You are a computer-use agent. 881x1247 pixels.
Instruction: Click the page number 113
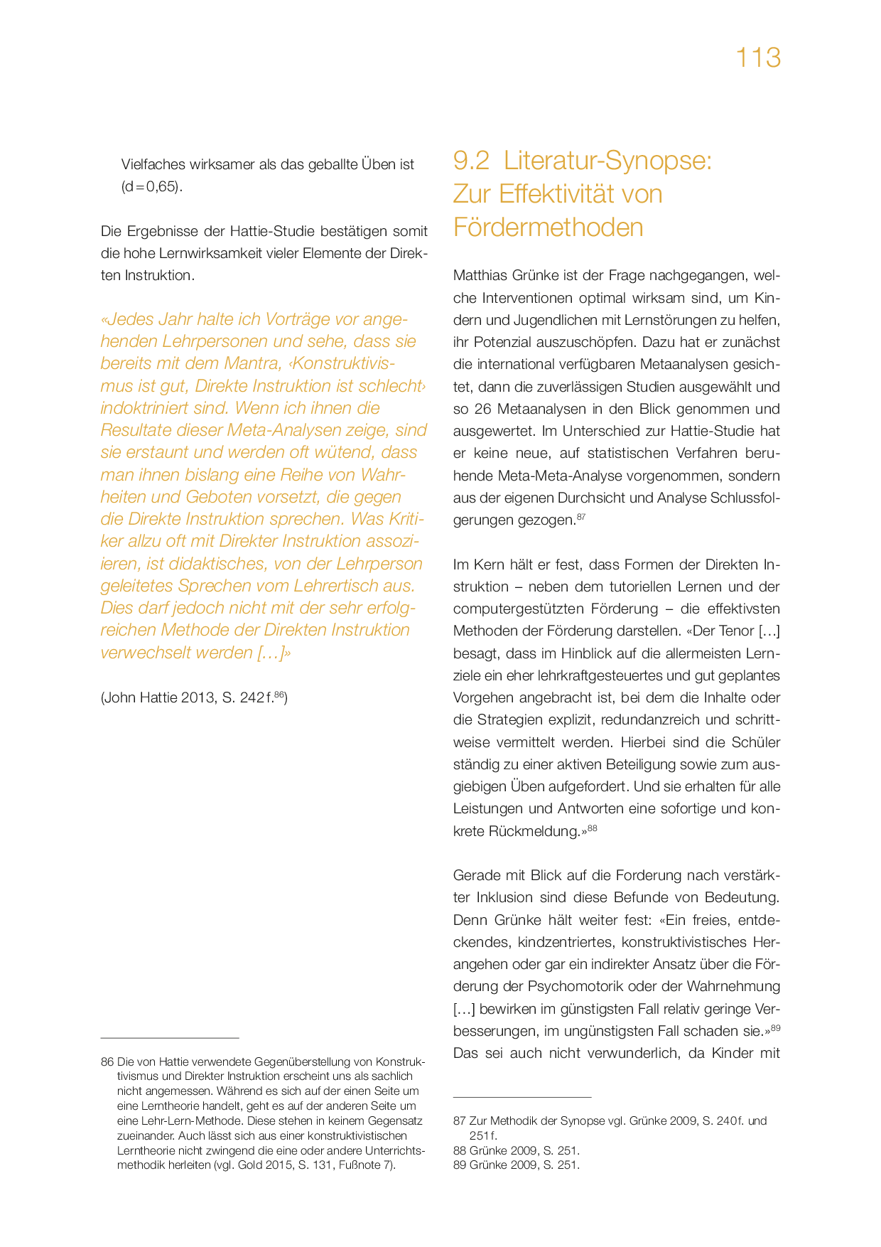(758, 58)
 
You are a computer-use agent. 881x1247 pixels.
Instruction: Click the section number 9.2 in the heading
(471, 161)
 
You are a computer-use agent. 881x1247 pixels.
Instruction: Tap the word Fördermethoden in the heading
(548, 228)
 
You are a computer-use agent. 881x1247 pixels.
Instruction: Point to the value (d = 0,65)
(151, 187)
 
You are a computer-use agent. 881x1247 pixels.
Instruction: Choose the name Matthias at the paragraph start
(480, 275)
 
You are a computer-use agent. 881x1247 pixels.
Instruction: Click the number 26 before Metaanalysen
(483, 409)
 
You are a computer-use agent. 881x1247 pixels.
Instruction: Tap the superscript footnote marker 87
(581, 517)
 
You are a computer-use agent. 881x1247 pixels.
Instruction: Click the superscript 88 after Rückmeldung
(593, 828)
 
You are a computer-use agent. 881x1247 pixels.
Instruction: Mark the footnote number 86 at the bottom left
(107, 1061)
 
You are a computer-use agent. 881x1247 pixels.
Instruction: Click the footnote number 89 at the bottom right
(460, 1165)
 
